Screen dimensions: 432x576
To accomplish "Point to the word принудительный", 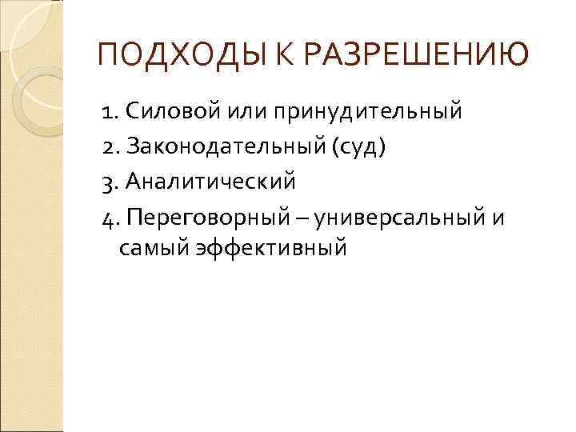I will tap(369, 110).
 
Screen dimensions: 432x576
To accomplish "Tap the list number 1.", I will tap(109, 110).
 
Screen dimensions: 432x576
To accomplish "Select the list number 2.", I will tap(109, 146).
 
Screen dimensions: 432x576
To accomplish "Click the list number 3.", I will tap(109, 182).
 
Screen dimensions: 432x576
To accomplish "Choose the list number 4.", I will tap(109, 218).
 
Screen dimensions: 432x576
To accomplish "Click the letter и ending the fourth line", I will tap(498, 218).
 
